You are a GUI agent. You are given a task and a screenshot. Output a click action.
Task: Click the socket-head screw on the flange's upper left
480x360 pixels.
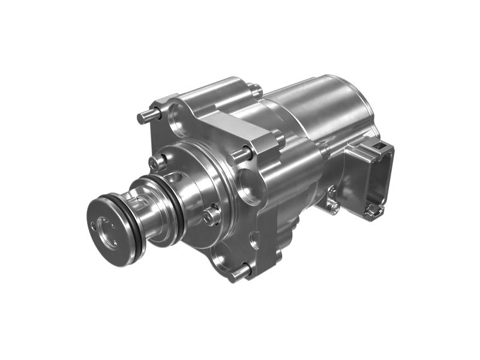[158, 161]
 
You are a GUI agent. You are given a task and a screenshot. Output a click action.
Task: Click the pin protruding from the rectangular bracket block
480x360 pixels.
[239, 155]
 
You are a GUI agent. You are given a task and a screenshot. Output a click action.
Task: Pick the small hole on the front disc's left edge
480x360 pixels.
[94, 225]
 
